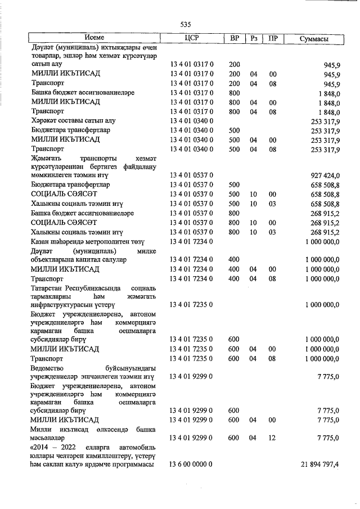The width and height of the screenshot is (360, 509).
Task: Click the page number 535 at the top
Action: [x=186, y=25]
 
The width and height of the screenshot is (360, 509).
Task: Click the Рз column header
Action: [x=254, y=38]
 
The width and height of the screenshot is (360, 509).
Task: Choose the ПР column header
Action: [x=273, y=38]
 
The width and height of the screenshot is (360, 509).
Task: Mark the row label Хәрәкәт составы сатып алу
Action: [x=73, y=120]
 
